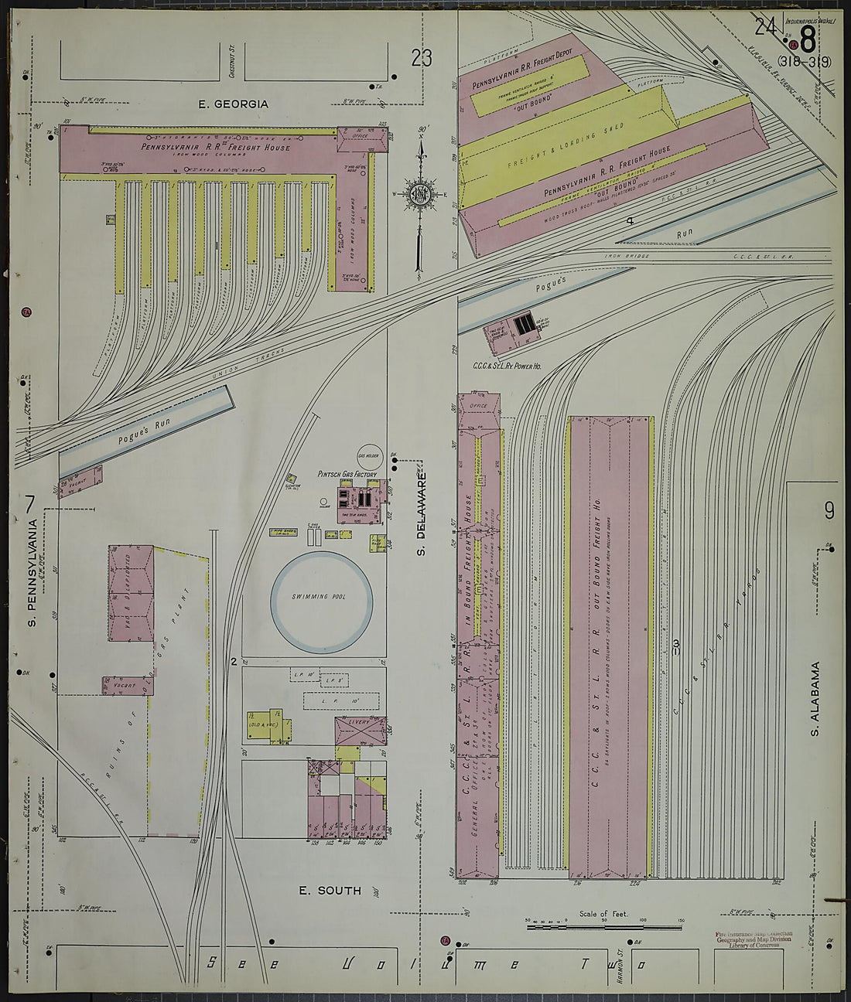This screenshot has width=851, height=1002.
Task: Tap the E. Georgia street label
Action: [x=234, y=104]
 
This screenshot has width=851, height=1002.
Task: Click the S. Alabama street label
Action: [x=815, y=699]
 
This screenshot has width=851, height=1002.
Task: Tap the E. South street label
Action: [x=330, y=891]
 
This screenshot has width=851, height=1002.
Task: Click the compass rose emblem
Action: [x=419, y=193]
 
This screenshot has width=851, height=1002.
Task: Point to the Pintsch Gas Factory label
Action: [x=347, y=473]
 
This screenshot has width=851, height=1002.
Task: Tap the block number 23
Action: [x=422, y=58]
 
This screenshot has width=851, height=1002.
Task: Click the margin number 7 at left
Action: [x=29, y=503]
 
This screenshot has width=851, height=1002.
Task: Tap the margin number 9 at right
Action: [x=829, y=510]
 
